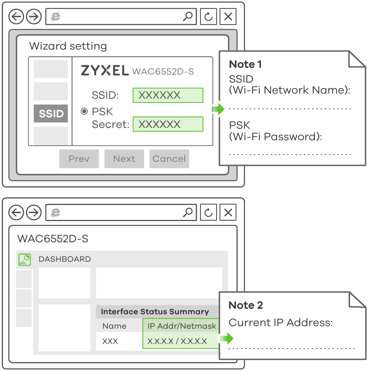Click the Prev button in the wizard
click(79, 159)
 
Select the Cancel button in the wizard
click(169, 159)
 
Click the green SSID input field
click(168, 95)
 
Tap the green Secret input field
click(168, 125)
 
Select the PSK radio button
click(84, 111)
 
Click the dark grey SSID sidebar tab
click(51, 114)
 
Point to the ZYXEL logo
click(105, 71)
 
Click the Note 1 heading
click(245, 64)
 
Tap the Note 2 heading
click(246, 305)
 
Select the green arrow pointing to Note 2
click(227, 338)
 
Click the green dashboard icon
click(25, 259)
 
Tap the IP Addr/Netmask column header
click(181, 326)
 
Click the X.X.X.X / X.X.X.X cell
click(177, 341)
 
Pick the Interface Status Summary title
click(155, 312)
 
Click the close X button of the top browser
click(228, 17)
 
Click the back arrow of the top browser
click(16, 17)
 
